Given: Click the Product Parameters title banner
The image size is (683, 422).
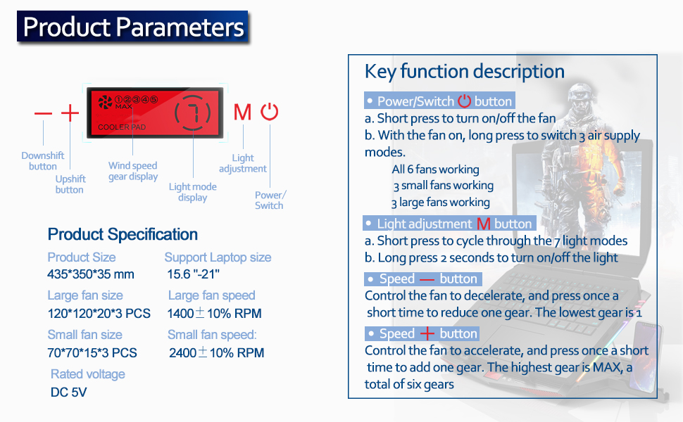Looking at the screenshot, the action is (132, 27).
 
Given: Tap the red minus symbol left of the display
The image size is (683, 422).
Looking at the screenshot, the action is (43, 113).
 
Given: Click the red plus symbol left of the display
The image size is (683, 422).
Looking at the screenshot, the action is (70, 113).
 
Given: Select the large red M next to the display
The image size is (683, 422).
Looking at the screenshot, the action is (242, 112).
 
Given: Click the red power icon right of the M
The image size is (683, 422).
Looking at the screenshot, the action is (269, 112).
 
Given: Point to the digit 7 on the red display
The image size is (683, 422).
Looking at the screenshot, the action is (193, 113).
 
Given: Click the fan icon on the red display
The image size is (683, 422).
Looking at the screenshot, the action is (105, 102).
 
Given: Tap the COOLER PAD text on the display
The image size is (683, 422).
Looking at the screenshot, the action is (122, 127).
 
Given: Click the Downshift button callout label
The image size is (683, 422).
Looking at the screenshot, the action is (43, 161).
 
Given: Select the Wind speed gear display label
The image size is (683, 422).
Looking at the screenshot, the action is (133, 171).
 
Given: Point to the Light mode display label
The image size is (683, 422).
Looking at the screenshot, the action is (192, 192).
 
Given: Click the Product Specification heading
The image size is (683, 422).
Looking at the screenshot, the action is (123, 234).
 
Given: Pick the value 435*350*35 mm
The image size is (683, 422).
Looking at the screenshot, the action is (91, 274).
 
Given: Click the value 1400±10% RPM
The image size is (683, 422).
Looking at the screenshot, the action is (214, 313).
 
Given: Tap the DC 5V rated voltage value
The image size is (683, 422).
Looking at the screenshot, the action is (68, 392).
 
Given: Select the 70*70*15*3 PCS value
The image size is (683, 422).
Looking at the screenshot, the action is (92, 352).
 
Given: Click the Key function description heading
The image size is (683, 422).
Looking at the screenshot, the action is (464, 71).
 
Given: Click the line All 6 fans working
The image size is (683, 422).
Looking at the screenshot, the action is (435, 169).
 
